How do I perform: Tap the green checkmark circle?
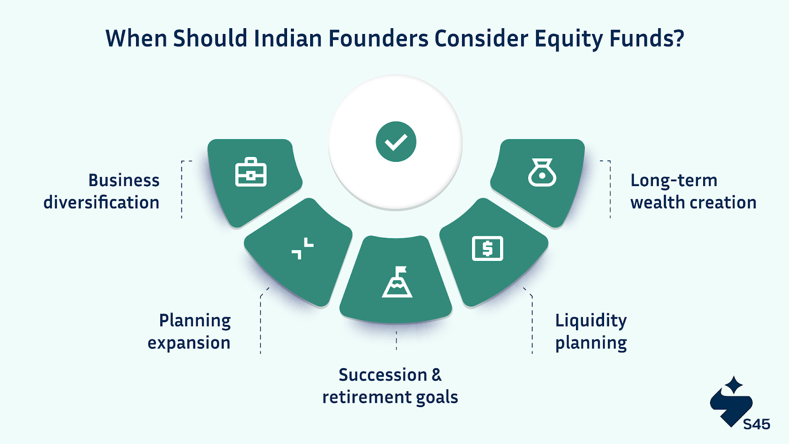point(396,142)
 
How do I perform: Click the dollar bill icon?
point(488,249)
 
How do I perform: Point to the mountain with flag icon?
point(397,282)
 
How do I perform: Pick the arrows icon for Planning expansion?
point(303,249)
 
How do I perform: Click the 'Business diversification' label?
point(102,191)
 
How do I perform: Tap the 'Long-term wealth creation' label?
point(693,191)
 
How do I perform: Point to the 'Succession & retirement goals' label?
point(390,386)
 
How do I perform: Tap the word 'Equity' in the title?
point(569,39)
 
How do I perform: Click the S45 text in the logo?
point(756,424)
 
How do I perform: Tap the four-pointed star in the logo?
point(734,385)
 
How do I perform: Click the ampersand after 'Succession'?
point(436,375)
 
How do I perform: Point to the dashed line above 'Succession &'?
point(396,340)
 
